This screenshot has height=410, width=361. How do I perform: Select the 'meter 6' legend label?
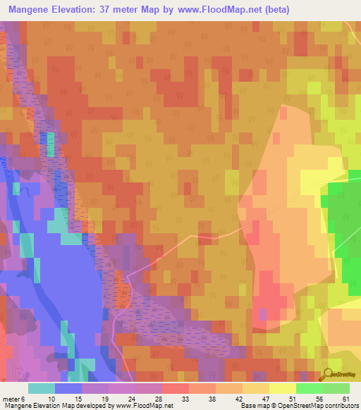(x=13, y=398)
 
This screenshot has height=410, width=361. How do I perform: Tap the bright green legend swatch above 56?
(x=309, y=388)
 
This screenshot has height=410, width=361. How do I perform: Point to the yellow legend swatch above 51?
(x=282, y=388)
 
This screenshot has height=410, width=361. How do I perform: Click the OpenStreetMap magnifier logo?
(x=327, y=375)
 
